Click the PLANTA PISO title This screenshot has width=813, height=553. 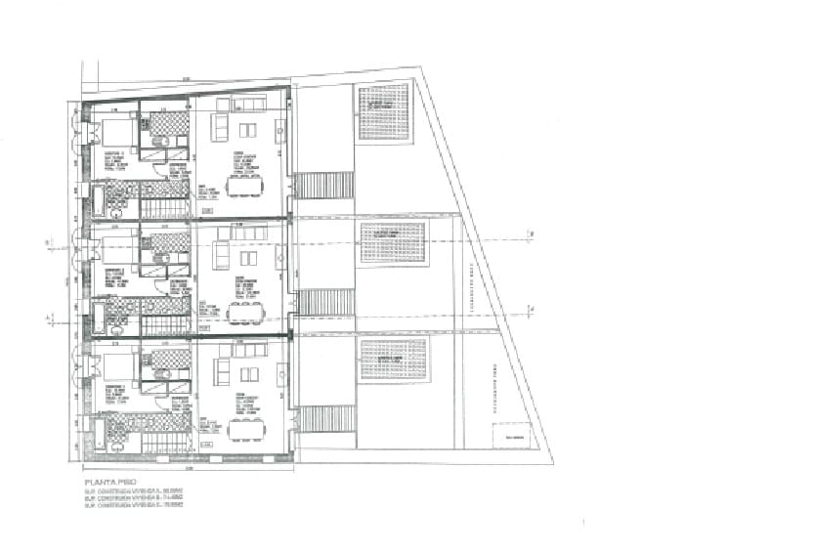tap(109, 483)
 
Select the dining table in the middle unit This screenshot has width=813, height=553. tap(243, 313)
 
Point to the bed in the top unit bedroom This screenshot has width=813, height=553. tap(116, 132)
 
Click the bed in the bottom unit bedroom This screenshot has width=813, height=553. tap(116, 365)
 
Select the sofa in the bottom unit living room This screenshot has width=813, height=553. tap(222, 372)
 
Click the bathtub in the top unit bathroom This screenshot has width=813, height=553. tap(98, 201)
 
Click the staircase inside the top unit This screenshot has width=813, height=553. tap(164, 208)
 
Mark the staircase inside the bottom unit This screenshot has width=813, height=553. tap(164, 442)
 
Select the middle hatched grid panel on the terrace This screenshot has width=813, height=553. tap(394, 243)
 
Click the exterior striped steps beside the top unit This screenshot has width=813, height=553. tap(323, 186)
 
